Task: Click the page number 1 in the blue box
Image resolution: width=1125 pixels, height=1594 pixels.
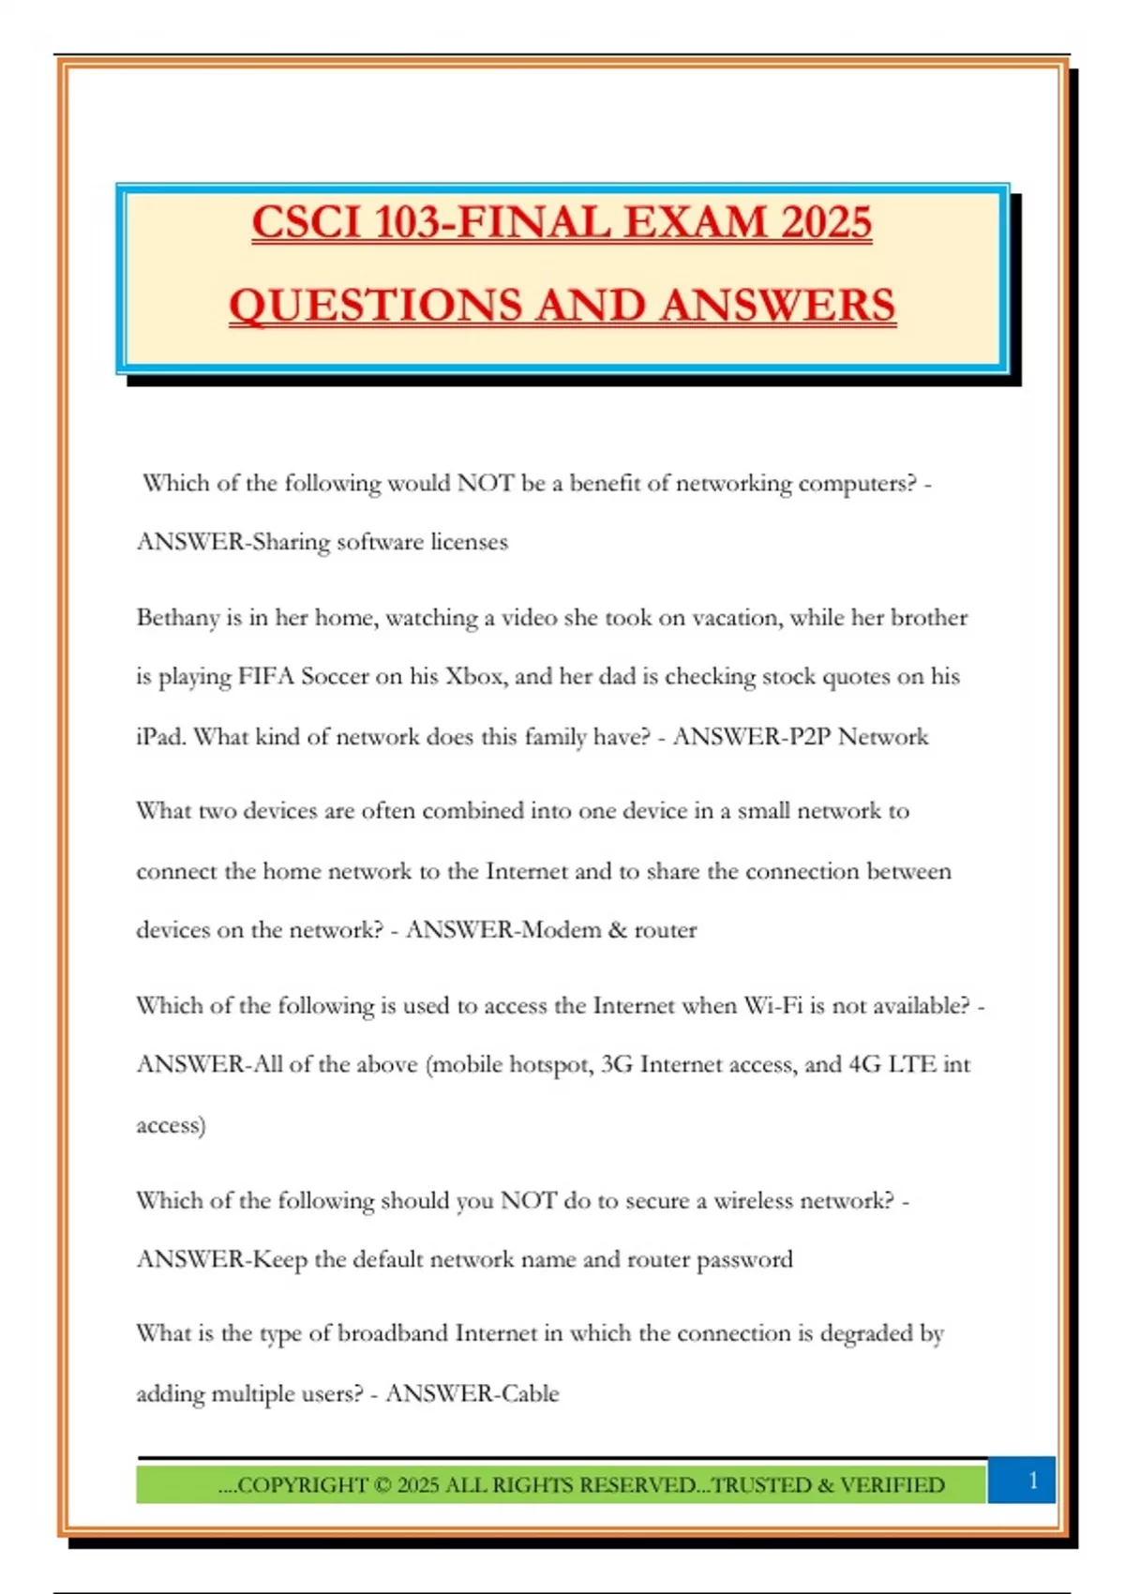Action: click(x=1033, y=1481)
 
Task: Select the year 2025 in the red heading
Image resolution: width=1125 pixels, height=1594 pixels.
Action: click(x=826, y=223)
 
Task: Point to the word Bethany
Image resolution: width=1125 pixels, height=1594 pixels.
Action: click(x=176, y=618)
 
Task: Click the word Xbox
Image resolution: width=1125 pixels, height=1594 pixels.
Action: click(x=474, y=677)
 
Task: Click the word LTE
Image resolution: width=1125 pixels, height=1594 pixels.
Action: click(x=911, y=1065)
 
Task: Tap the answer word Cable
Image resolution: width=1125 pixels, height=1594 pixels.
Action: click(x=530, y=1394)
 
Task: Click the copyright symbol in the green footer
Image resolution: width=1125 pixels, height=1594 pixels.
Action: click(x=382, y=1485)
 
